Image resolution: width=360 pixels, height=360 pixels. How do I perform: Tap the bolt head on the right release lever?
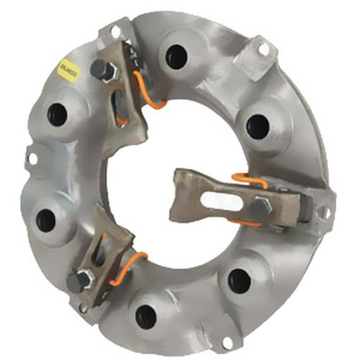(262, 209)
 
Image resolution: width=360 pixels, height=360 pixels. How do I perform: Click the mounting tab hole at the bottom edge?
(227, 341)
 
